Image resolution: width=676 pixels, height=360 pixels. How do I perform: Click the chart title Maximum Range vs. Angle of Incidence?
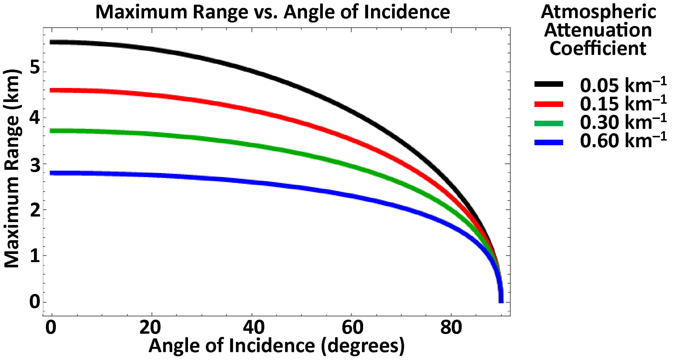(273, 12)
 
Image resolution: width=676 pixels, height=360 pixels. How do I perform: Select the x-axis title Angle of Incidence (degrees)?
(276, 346)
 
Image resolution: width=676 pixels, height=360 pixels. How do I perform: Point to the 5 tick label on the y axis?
(35, 67)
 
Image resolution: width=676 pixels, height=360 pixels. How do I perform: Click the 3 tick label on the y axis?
(35, 166)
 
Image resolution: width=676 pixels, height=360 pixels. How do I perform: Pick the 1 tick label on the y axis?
(35, 256)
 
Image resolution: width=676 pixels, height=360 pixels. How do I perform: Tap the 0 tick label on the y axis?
(35, 302)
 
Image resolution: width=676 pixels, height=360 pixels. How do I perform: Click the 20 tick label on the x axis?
(150, 328)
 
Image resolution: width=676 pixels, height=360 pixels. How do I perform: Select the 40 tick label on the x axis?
(253, 328)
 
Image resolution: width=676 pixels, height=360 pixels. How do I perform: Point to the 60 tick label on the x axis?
(352, 328)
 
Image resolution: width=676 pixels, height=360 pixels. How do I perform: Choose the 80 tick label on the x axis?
(451, 328)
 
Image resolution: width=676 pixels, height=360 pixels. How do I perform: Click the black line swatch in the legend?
(549, 84)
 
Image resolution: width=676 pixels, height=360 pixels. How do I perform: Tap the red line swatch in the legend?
(549, 104)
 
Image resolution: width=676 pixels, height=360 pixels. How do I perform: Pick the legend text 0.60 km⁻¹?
(623, 141)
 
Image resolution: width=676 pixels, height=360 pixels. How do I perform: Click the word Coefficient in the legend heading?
(598, 49)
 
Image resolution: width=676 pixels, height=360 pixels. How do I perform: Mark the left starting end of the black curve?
(51, 42)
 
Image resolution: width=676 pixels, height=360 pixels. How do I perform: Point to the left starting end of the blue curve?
(51, 173)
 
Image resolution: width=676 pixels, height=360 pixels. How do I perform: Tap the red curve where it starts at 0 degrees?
(51, 90)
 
